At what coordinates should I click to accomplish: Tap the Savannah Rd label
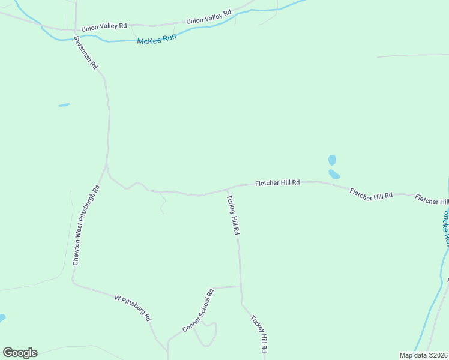(85, 53)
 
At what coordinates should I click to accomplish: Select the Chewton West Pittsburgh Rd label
(85, 226)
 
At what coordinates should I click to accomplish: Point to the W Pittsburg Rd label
(133, 307)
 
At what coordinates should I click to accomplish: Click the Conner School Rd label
(198, 311)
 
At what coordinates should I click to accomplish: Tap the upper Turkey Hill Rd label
(233, 214)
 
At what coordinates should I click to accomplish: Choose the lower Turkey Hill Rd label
(259, 334)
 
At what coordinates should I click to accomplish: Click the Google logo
(20, 353)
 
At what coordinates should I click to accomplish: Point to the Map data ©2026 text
(423, 355)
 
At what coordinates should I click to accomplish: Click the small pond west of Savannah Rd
(64, 105)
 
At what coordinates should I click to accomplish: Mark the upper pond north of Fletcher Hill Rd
(332, 160)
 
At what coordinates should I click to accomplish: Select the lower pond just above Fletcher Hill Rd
(334, 175)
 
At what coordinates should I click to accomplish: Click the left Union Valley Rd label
(104, 27)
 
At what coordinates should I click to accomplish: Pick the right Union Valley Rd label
(208, 17)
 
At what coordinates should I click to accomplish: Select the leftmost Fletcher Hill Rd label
(277, 182)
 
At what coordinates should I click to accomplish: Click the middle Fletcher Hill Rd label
(371, 193)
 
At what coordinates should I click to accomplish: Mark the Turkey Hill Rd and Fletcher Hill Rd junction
(227, 189)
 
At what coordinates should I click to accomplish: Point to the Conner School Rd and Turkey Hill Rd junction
(241, 287)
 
